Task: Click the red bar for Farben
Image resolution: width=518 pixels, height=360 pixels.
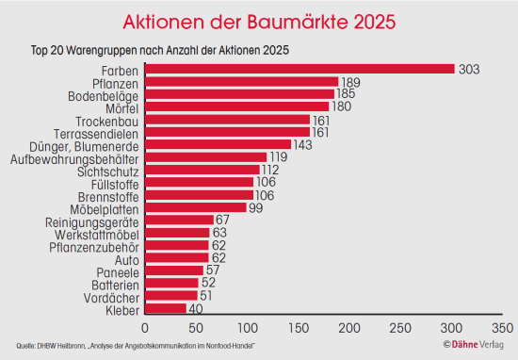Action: (x=299, y=70)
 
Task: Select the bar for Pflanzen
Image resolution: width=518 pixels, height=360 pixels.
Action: (x=241, y=82)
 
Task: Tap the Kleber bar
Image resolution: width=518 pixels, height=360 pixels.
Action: (x=165, y=308)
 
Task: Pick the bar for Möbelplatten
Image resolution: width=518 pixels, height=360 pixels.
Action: (x=195, y=207)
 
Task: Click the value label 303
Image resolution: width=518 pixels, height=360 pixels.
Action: (x=469, y=70)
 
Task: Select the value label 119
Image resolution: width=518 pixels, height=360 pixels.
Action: (x=280, y=157)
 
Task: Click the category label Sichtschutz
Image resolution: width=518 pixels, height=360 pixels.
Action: (x=108, y=171)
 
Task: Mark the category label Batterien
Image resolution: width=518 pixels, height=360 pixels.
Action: (x=115, y=284)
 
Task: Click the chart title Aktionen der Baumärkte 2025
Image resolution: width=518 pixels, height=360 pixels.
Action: (x=259, y=21)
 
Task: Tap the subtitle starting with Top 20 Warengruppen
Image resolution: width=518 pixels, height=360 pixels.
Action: (x=159, y=49)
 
